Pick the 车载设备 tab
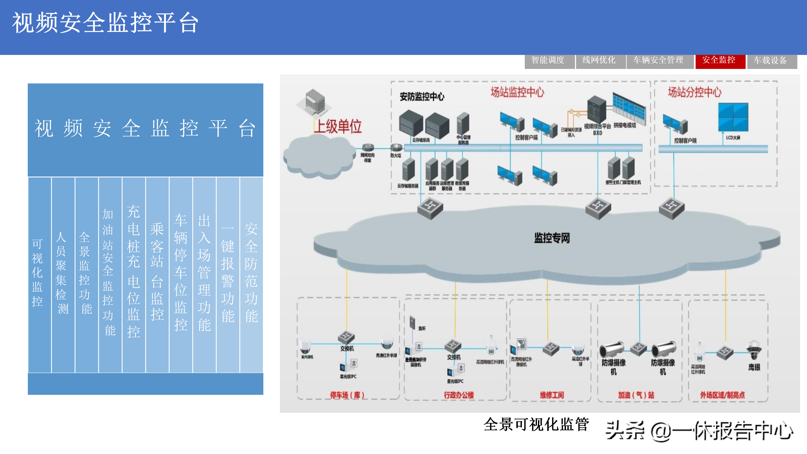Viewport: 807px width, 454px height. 771,61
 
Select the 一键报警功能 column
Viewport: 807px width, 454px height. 228,273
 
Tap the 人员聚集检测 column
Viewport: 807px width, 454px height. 61,273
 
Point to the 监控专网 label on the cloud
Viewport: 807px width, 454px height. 552,238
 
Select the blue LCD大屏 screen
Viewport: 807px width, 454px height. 733,117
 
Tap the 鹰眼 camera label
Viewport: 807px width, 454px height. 754,367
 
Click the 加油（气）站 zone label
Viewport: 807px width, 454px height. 636,395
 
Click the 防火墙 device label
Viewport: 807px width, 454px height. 396,155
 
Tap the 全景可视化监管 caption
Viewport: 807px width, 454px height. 536,425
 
